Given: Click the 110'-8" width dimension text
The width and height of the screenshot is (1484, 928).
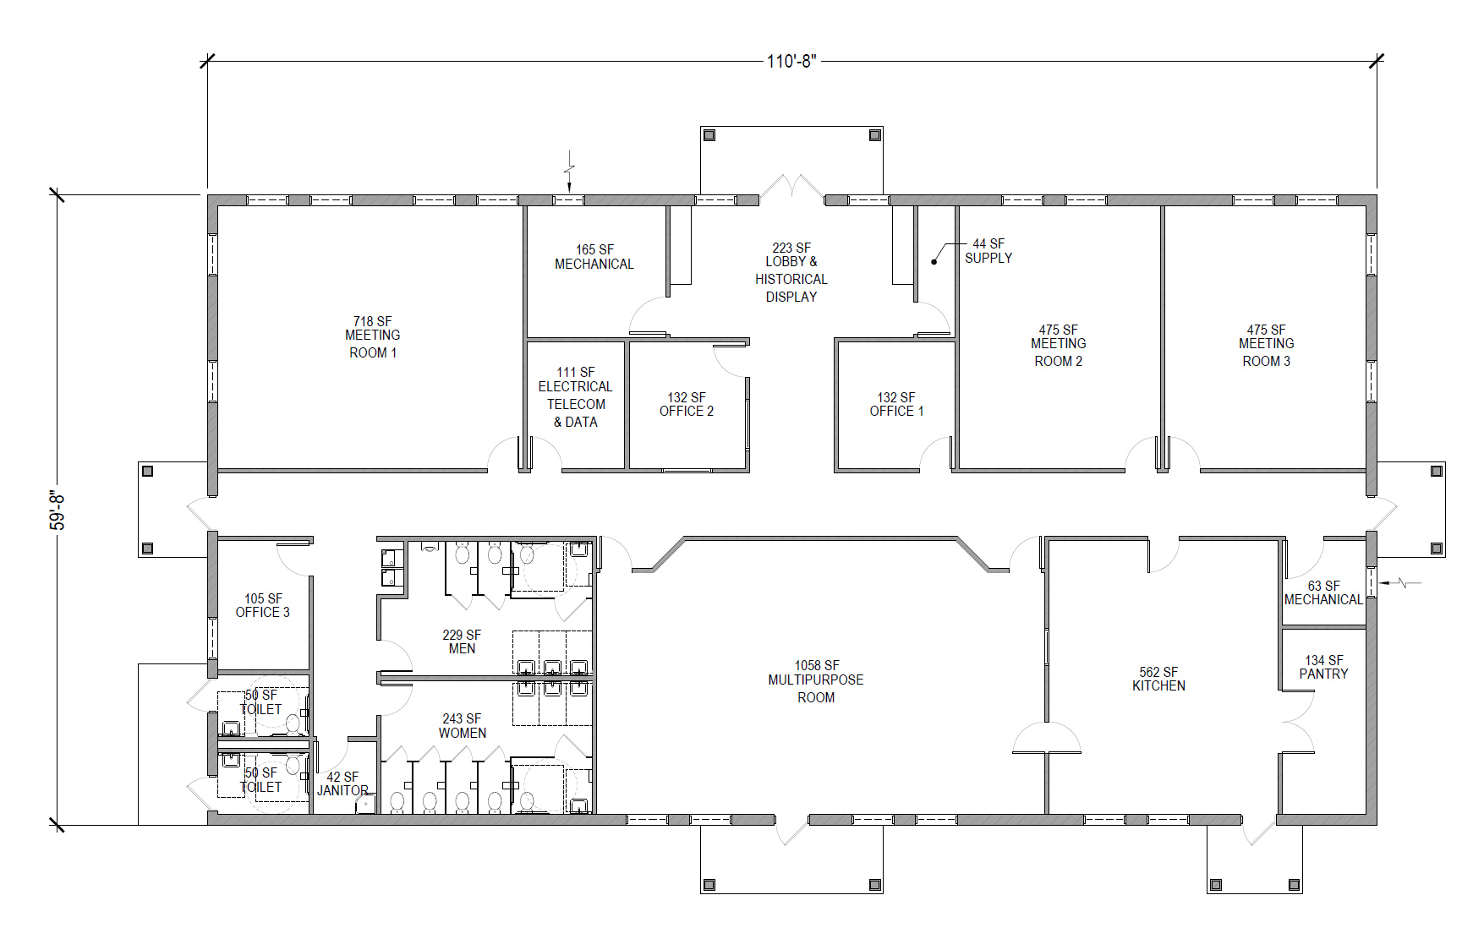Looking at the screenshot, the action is tap(791, 61).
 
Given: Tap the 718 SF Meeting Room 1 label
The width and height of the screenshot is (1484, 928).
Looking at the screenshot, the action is tap(373, 336).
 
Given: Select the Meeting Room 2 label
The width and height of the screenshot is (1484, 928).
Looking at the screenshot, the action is tap(1059, 345).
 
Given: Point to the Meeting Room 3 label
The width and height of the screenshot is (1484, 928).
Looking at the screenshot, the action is tap(1267, 345).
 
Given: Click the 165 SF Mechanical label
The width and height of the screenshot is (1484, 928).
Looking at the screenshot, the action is tap(594, 257).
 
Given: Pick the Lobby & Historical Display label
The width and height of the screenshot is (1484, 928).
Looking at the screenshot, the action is tap(791, 272).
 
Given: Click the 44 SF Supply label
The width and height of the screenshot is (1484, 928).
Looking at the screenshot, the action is tap(988, 251).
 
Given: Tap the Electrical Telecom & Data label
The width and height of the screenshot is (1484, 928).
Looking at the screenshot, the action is tap(576, 397).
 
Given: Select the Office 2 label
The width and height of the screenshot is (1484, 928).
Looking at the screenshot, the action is tap(687, 404).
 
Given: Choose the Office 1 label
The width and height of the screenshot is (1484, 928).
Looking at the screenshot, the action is tap(896, 404).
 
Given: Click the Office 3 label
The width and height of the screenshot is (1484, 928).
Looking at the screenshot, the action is tap(263, 605).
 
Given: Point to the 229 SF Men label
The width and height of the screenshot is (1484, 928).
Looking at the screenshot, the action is tap(462, 641).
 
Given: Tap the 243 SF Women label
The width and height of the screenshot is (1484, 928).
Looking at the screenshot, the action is tap(463, 726).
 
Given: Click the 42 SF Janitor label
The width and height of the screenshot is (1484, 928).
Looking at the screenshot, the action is tap(342, 783).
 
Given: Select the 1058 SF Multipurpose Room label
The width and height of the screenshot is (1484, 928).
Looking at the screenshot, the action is tap(816, 681).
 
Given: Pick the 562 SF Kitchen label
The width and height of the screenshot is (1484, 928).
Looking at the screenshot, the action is tap(1158, 679).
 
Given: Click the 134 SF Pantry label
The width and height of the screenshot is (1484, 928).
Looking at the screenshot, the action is tap(1324, 667).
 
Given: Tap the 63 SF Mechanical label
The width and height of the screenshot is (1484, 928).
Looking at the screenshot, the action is tap(1323, 592).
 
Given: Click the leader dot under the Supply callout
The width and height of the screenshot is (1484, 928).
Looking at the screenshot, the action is tap(934, 261).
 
